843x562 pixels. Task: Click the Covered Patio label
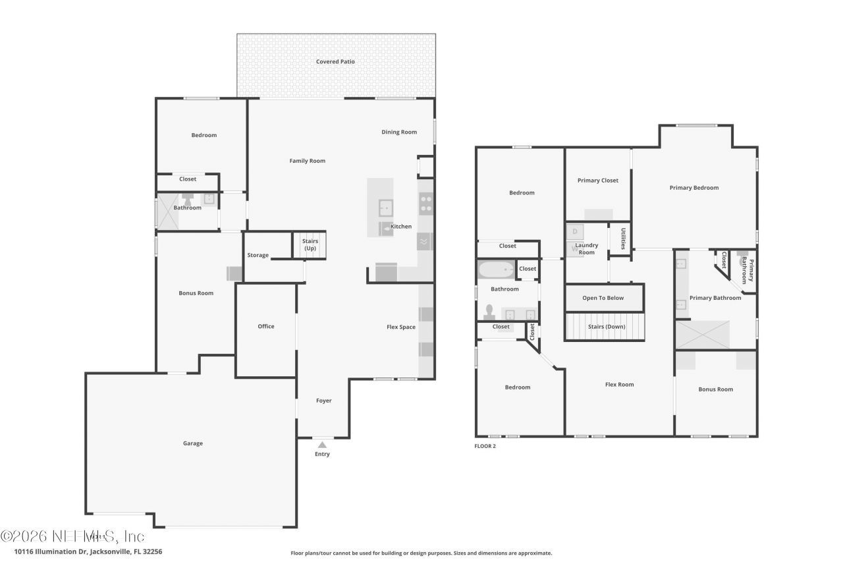tap(335, 62)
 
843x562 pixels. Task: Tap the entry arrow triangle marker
tap(322, 445)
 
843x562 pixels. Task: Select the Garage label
tap(193, 443)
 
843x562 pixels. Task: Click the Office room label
tap(266, 326)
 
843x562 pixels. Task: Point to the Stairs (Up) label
tap(310, 244)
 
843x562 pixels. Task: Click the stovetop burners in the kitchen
tap(426, 204)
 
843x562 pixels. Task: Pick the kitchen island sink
tap(385, 208)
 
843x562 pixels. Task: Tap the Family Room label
tap(308, 161)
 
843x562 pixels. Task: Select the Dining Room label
tap(399, 132)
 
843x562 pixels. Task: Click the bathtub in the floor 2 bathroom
tap(496, 269)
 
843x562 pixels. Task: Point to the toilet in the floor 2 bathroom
tap(489, 311)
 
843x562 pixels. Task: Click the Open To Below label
tap(603, 298)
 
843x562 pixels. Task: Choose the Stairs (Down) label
tap(607, 327)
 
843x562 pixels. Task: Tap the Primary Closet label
tap(598, 181)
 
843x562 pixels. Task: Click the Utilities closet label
tap(623, 238)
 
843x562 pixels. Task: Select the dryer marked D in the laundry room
tap(574, 231)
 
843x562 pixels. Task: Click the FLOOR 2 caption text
tap(485, 446)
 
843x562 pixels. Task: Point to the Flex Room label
tap(619, 385)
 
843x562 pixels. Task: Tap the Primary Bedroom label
tap(694, 188)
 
